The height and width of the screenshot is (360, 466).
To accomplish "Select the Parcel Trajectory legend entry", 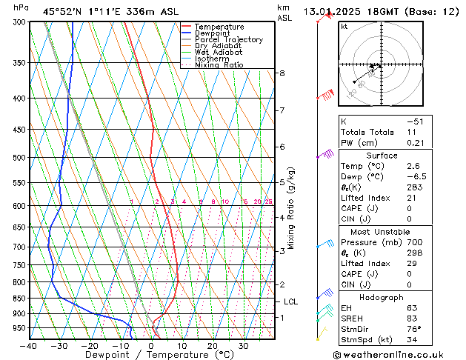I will [228, 40].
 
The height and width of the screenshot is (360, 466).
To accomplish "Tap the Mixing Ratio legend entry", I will [219, 65].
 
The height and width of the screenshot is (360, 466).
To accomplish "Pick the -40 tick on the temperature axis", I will [30, 345].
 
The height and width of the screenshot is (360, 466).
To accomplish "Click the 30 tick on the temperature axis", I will [243, 345].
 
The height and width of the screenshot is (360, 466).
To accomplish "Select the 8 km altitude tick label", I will [282, 73].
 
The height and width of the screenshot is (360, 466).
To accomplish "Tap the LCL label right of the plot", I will [290, 301].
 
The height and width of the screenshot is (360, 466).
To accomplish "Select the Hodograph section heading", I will [382, 297].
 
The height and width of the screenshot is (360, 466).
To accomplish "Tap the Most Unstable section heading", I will [382, 231].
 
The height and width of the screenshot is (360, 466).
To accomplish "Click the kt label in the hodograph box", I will [344, 27].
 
